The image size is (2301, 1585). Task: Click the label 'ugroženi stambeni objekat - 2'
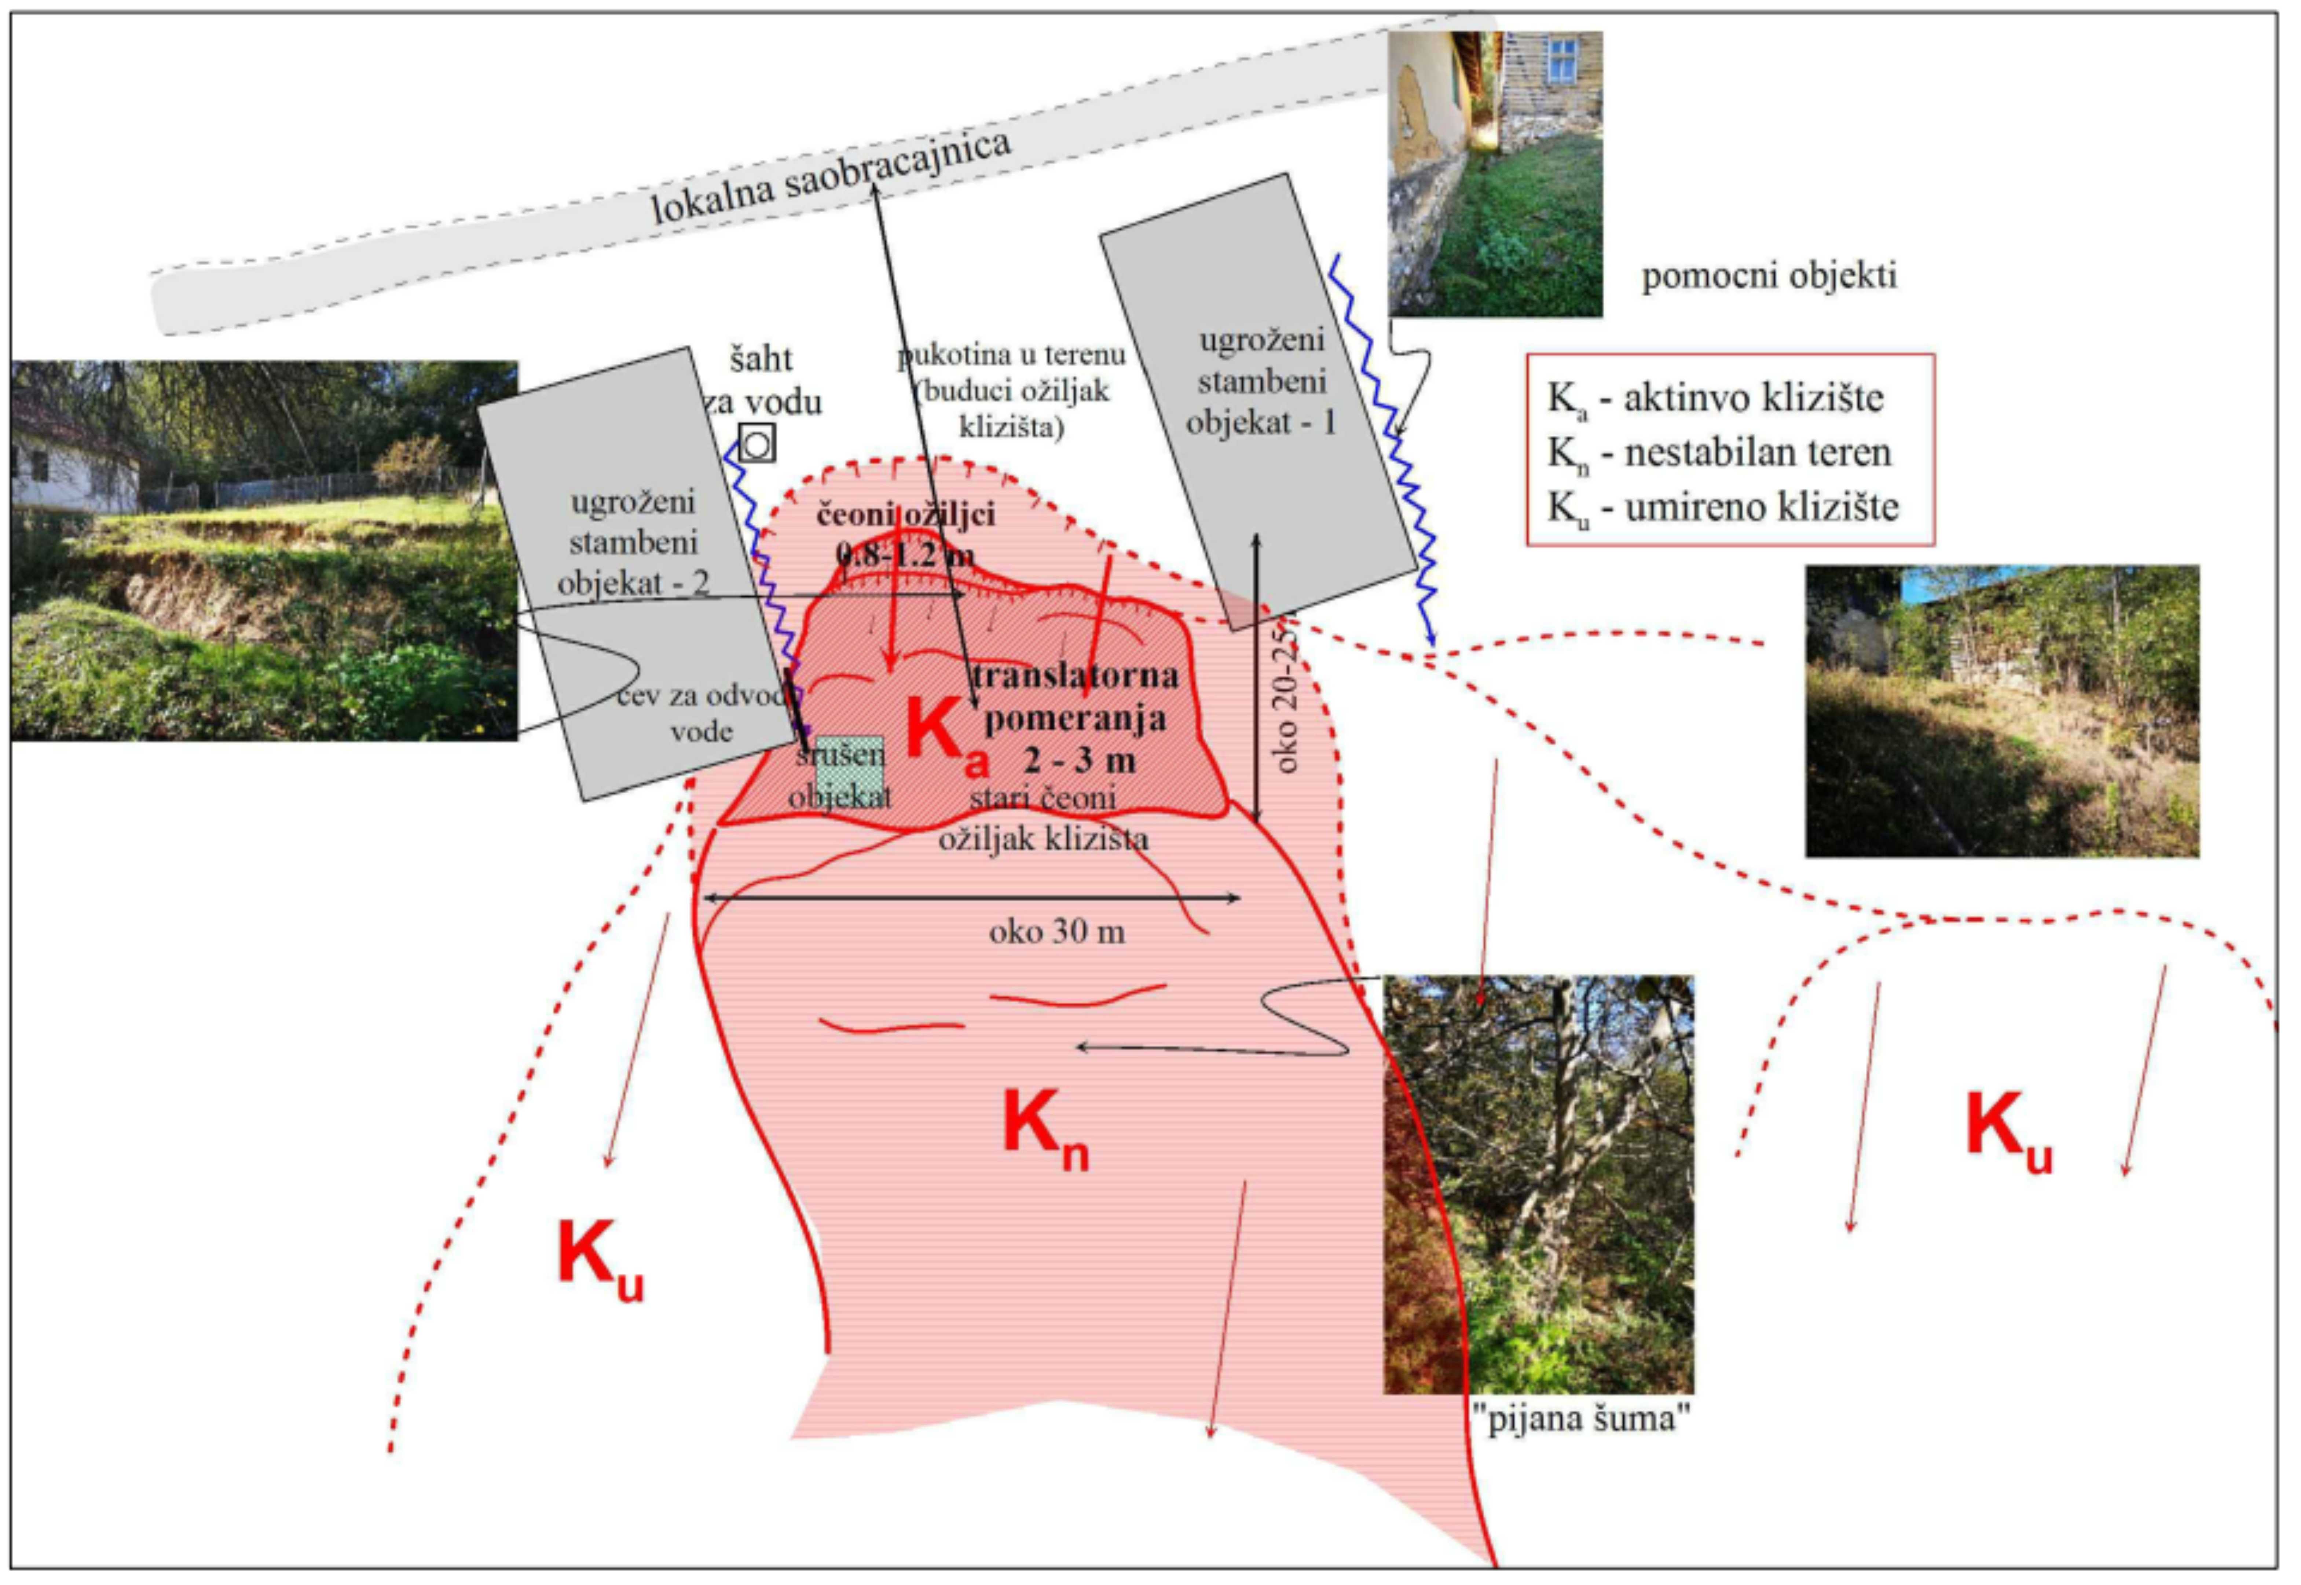tap(633, 542)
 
